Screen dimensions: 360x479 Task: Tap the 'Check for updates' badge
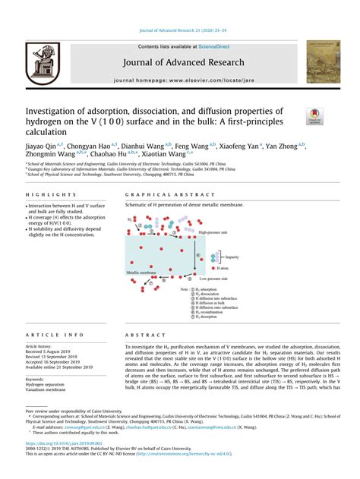(316, 115)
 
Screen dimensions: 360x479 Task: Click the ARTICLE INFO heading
(55, 335)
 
